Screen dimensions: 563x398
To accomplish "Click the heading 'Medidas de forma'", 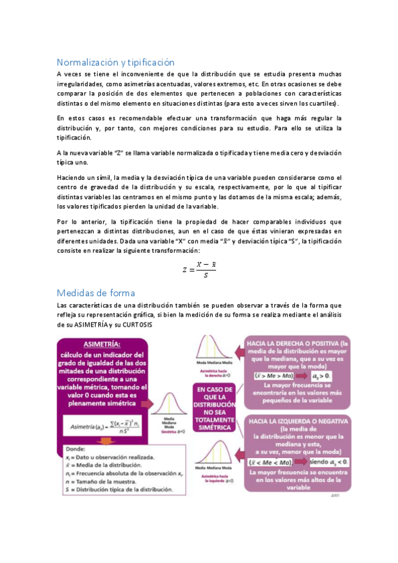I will pyautogui.click(x=97, y=292).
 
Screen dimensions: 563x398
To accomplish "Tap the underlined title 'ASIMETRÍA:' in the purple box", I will pyautogui.click(x=100, y=345).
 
